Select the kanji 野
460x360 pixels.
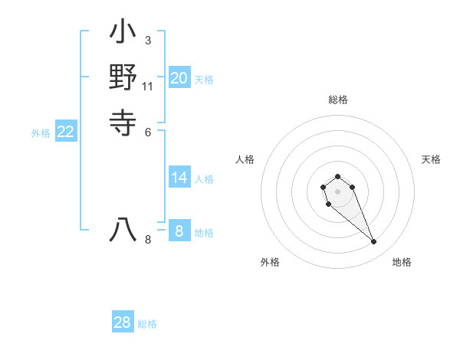tap(123, 77)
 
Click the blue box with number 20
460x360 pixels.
tap(179, 78)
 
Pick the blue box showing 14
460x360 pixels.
tap(179, 178)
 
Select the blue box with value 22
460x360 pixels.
tap(66, 132)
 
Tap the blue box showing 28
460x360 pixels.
tap(123, 322)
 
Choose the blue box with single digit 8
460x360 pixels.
tap(179, 231)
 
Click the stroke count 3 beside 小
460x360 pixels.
tap(147, 39)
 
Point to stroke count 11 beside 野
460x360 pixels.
tap(148, 86)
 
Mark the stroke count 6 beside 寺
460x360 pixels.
tap(147, 131)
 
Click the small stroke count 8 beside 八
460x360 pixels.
tap(148, 240)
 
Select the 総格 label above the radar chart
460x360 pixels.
tap(338, 100)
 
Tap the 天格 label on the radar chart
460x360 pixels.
tap(431, 159)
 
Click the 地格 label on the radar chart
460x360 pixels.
tap(402, 262)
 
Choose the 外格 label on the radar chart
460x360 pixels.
tap(270, 262)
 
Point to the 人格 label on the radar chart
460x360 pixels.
tap(245, 159)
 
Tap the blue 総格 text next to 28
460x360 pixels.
tap(148, 324)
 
